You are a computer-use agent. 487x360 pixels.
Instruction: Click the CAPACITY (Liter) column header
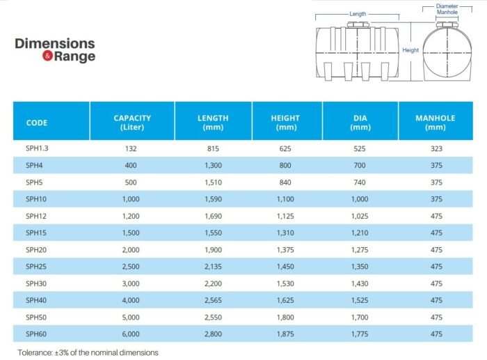(x=132, y=123)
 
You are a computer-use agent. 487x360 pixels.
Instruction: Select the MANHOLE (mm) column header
(x=435, y=123)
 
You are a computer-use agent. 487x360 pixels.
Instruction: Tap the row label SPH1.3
(x=37, y=148)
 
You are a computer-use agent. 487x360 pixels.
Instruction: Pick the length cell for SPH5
(x=213, y=182)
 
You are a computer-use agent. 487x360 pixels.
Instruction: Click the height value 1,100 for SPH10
(x=285, y=199)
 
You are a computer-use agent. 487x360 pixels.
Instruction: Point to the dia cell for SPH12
(x=360, y=216)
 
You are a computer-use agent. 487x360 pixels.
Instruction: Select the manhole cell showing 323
(x=436, y=148)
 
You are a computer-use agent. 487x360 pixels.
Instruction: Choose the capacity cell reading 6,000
(x=131, y=334)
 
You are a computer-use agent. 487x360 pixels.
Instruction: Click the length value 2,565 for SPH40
(x=213, y=300)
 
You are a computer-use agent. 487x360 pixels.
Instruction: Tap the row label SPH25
(x=36, y=267)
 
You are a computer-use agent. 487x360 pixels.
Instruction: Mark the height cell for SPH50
(x=285, y=317)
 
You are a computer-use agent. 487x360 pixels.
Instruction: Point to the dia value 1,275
(x=360, y=250)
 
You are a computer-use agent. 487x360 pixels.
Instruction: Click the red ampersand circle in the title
(x=47, y=56)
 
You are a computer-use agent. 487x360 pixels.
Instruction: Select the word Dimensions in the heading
(x=55, y=44)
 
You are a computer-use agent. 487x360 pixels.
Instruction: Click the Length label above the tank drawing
(x=358, y=14)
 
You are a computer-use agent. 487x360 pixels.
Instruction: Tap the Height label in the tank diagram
(x=410, y=50)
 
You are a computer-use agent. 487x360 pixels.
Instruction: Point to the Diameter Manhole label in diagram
(x=447, y=9)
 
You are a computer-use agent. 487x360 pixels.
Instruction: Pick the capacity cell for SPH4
(x=131, y=166)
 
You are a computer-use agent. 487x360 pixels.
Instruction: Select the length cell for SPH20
(x=213, y=250)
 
